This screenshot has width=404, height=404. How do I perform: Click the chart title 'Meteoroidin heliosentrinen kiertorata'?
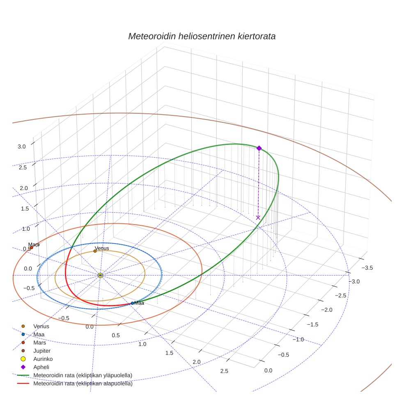click(202, 36)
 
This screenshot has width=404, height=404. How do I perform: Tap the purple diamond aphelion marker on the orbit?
click(259, 148)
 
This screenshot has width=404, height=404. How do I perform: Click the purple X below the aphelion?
click(258, 217)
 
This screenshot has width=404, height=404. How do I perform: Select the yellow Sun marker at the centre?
click(100, 275)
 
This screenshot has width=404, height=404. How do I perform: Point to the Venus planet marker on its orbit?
click(95, 251)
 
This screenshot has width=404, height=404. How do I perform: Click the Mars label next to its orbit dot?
click(34, 245)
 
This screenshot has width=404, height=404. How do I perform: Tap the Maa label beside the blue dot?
click(139, 303)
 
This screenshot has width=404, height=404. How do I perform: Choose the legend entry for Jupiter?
click(42, 351)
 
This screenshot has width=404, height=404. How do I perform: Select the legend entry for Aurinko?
click(42, 359)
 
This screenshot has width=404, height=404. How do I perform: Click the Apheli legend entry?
click(41, 367)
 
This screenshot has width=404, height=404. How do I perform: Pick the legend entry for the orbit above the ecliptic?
click(83, 376)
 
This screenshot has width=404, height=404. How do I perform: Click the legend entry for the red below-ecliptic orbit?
click(83, 384)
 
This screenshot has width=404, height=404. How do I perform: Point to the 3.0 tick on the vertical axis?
click(22, 146)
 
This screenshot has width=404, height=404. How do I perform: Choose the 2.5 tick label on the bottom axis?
click(224, 371)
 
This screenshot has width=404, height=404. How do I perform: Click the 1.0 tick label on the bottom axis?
click(142, 344)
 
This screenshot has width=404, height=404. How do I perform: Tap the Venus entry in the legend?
click(41, 326)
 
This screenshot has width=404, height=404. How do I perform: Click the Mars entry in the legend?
click(39, 343)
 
